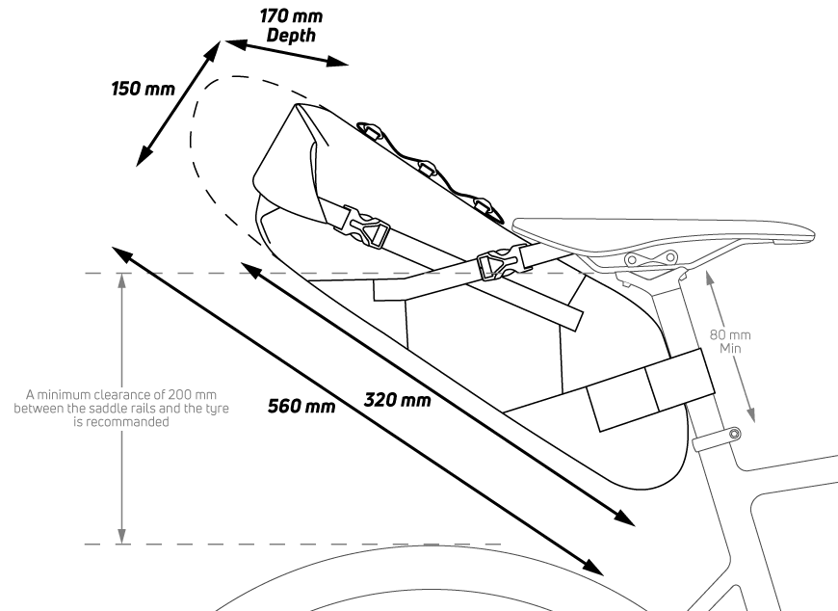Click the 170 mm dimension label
[292, 15]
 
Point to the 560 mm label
[301, 405]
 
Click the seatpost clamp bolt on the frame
[735, 435]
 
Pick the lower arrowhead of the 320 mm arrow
[626, 518]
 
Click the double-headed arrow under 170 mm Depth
[285, 54]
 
